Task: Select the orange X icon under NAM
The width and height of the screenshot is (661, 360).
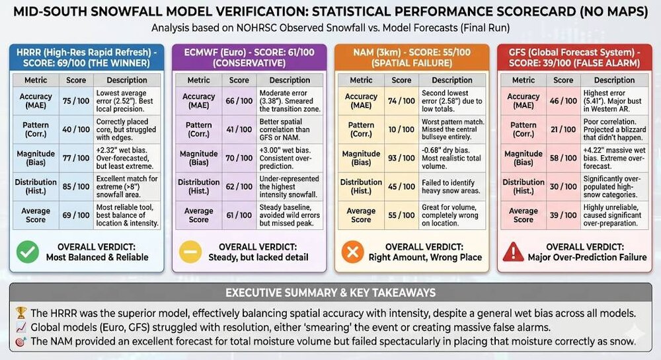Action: point(352,252)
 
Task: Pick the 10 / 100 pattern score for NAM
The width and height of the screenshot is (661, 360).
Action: point(401,129)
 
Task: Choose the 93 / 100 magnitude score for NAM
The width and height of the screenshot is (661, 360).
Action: point(401,159)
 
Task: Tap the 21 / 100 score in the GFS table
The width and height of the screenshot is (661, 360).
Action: point(563,129)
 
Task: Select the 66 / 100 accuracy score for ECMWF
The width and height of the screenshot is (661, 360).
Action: point(239,101)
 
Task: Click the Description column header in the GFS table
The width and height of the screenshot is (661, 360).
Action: point(614,80)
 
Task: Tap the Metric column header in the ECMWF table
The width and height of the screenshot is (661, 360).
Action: point(198,80)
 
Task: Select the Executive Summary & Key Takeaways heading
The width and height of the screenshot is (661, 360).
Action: point(330,293)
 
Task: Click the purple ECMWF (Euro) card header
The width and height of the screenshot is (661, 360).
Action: point(249,57)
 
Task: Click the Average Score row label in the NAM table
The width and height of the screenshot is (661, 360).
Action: point(361,215)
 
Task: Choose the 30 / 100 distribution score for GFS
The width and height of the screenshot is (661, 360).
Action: point(563,187)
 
